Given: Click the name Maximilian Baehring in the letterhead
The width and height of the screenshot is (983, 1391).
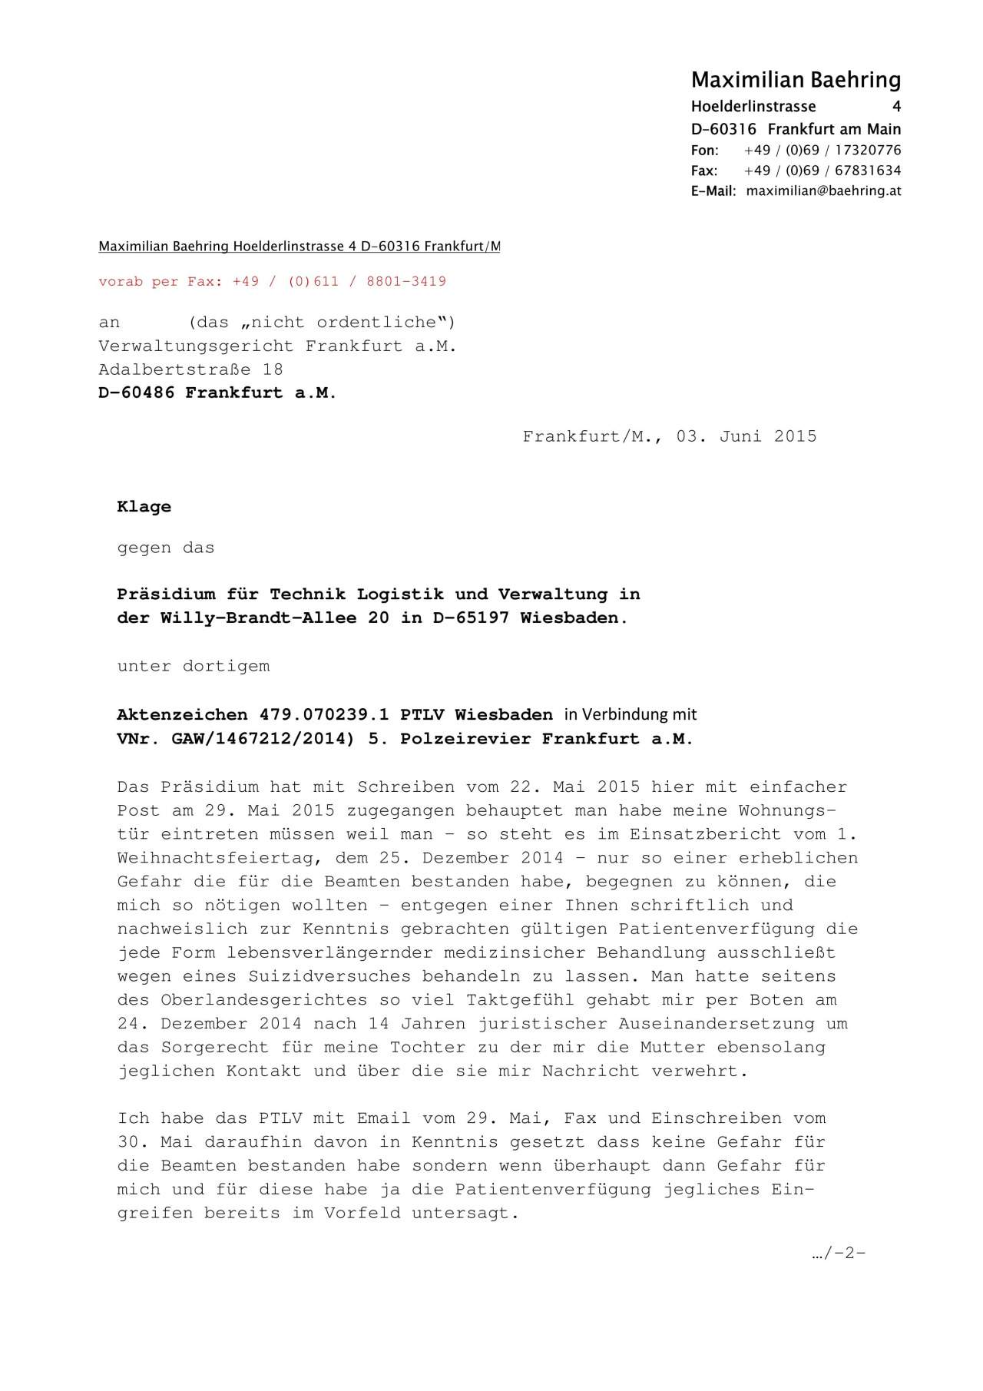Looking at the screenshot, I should click(796, 80).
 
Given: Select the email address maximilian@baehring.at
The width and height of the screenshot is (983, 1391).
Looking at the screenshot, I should click(823, 191).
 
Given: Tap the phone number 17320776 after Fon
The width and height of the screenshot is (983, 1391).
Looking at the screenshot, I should click(868, 151).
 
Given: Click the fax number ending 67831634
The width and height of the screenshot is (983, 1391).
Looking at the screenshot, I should click(868, 171).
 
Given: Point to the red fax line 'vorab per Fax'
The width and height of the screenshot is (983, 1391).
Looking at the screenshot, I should click(272, 281).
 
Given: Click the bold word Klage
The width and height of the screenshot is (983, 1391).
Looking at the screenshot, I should click(144, 507).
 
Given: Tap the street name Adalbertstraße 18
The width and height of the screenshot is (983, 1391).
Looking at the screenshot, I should click(190, 369).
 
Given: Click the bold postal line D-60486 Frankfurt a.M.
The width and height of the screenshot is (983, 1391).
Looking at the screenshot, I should click(217, 392).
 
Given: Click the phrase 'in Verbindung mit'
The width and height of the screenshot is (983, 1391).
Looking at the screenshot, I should click(630, 714).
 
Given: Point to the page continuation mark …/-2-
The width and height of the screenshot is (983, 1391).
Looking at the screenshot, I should click(838, 1254).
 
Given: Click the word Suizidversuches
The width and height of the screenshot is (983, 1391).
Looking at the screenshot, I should click(329, 976).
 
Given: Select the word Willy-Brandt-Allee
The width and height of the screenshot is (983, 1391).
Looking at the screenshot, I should click(258, 618).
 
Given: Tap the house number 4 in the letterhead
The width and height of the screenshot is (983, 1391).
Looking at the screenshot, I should click(896, 107).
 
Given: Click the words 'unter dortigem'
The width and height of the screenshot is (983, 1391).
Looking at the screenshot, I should click(194, 667).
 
